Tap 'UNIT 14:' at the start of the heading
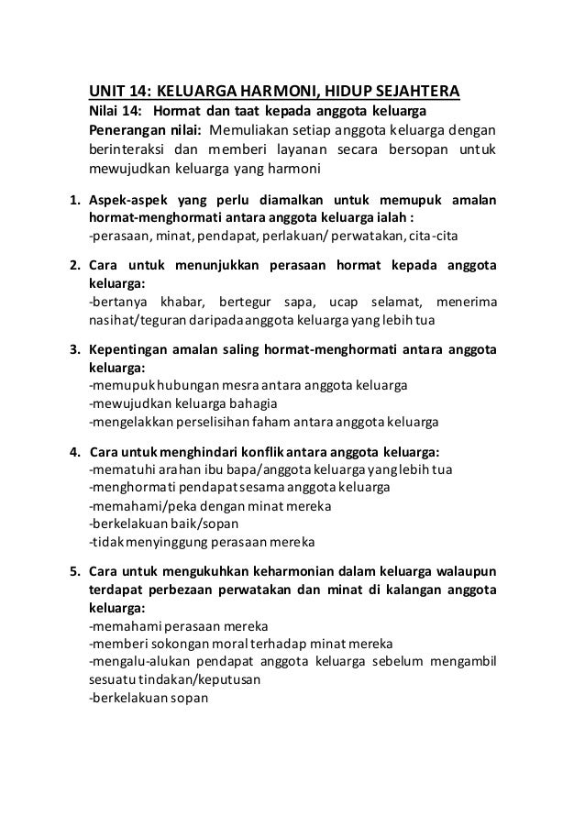click(x=116, y=92)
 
